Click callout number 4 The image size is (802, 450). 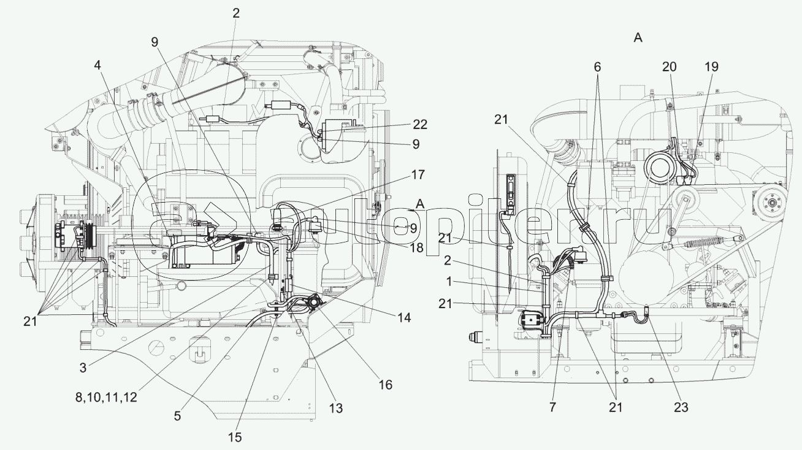(99, 63)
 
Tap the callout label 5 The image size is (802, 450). (177, 416)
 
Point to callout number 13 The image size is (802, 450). (335, 408)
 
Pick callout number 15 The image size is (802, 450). (235, 436)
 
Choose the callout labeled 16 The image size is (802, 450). (385, 384)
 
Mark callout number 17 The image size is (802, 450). (417, 174)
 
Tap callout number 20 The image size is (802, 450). (669, 67)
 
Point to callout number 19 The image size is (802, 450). (711, 67)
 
